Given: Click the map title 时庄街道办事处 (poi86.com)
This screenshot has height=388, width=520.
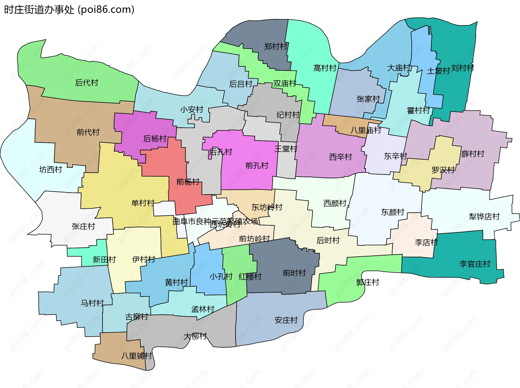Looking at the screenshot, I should pos(69,10).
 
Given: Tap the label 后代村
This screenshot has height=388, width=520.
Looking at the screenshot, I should pos(87,83).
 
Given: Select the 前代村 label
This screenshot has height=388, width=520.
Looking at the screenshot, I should pos(88,132).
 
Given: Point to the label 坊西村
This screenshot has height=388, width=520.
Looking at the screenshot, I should pos(51,169).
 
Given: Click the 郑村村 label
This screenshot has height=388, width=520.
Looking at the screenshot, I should pos(276,47).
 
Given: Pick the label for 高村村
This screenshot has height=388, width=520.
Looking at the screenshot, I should pos(325,68).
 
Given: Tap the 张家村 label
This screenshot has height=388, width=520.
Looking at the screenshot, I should pos(368,99).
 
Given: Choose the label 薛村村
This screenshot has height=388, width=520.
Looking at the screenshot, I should pos(473,154).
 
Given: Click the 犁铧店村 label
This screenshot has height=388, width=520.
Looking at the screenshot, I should pos(484,217).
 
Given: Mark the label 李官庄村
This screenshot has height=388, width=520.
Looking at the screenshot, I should pos(475,264).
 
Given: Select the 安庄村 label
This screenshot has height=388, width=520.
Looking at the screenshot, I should pos(286,320).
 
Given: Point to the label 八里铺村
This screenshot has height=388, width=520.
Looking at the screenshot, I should pos(136,356).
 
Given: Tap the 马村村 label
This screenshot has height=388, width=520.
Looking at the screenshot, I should pos(92,303).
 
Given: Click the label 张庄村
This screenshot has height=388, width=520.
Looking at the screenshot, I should pos(83,226).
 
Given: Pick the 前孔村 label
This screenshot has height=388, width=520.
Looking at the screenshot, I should pos(257,165).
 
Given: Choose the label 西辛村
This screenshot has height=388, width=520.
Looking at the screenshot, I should pos(340,157).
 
